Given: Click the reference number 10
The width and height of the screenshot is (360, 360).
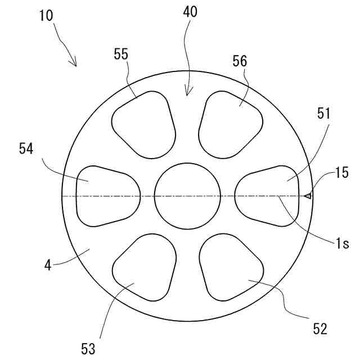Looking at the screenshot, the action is pyautogui.click(x=46, y=15).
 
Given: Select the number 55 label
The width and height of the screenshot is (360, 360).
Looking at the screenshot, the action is pyautogui.click(x=121, y=54).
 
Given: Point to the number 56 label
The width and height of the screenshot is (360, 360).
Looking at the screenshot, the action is pyautogui.click(x=240, y=61).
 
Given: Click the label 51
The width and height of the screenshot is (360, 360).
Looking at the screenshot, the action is pyautogui.click(x=324, y=113).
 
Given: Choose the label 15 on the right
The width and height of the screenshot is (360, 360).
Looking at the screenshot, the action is pyautogui.click(x=341, y=173).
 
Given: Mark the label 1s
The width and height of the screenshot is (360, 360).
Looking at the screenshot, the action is pyautogui.click(x=342, y=244).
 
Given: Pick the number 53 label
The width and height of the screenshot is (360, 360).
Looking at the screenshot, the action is pyautogui.click(x=88, y=349).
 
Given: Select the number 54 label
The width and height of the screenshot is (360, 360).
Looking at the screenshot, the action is pyautogui.click(x=26, y=149).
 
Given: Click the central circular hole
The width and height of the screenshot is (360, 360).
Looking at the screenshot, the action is pyautogui.click(x=188, y=196).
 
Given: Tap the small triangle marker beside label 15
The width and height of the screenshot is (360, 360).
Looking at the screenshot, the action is pyautogui.click(x=307, y=196).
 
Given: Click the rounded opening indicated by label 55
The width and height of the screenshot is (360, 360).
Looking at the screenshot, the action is pyautogui.click(x=143, y=124).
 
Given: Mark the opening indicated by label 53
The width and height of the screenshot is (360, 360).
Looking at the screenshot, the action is pyautogui.click(x=143, y=268).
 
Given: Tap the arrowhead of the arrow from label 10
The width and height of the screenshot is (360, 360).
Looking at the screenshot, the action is pyautogui.click(x=75, y=64).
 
